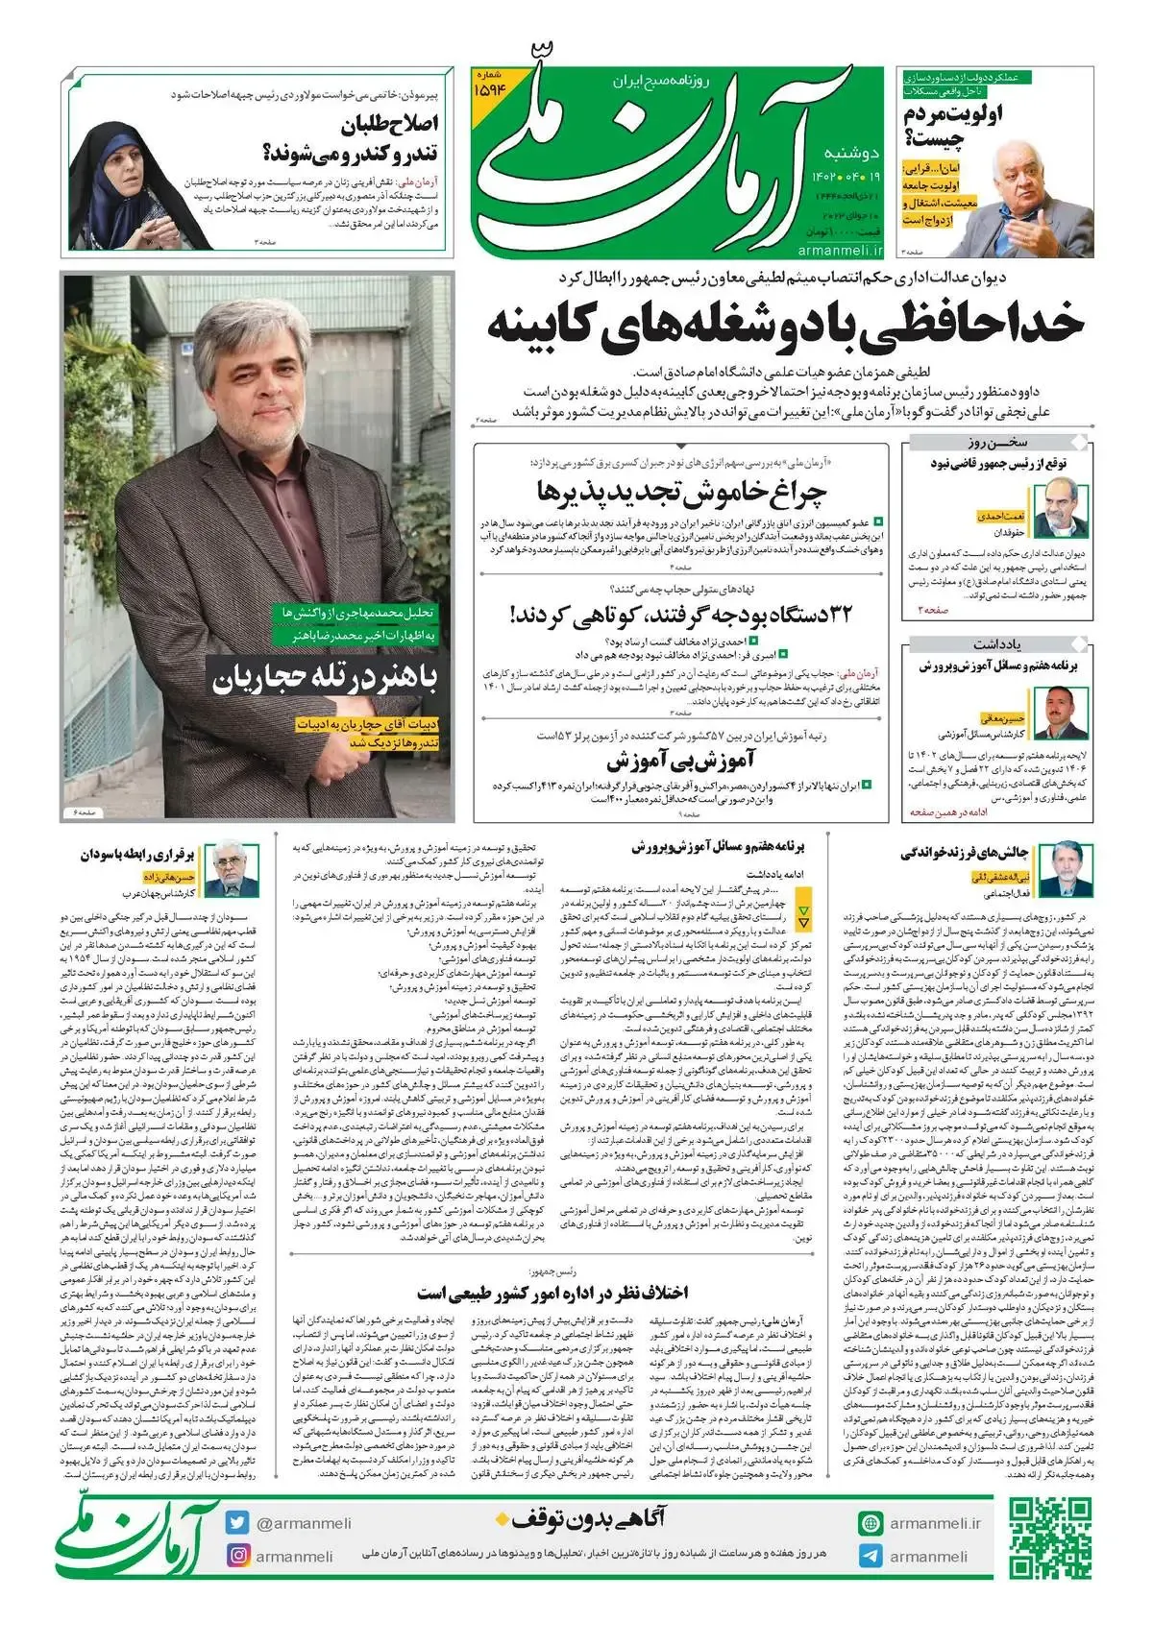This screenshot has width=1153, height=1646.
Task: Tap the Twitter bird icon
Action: (237, 1523)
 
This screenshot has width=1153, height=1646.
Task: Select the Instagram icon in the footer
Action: (237, 1556)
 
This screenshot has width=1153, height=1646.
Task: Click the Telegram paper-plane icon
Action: (871, 1556)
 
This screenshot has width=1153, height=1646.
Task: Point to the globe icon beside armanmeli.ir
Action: (871, 1523)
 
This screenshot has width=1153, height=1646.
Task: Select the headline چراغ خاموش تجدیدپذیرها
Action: (680, 492)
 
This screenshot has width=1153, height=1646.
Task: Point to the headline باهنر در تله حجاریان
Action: (325, 680)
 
